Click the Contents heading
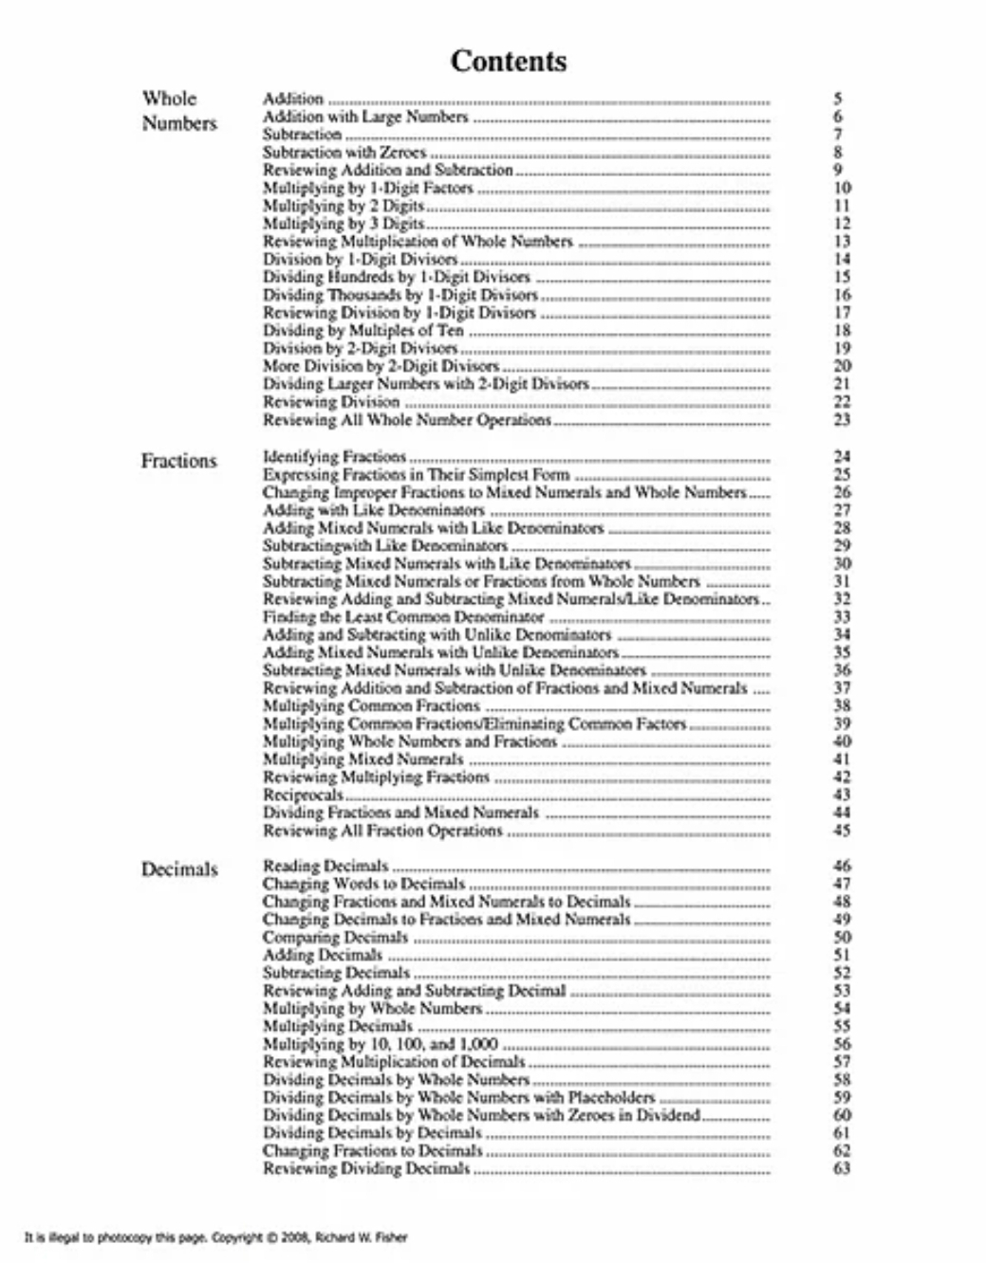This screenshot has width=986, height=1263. pos(509,61)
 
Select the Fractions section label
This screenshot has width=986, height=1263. pos(178,462)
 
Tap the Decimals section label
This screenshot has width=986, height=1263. pos(179,869)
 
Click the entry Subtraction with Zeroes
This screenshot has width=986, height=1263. pos(344,152)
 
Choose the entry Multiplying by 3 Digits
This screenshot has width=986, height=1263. pos(344,224)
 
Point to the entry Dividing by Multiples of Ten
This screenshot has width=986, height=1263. pos(363,330)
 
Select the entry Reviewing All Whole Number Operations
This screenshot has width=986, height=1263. pos(407,419)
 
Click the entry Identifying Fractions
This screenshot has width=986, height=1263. pos(334,456)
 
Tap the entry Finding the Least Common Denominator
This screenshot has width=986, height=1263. pos(403,616)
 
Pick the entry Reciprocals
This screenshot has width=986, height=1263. pos(303,795)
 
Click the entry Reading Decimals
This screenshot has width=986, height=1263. pos(326,866)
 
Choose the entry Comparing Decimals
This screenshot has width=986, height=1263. pos(335,937)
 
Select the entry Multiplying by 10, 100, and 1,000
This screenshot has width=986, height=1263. pos(381,1044)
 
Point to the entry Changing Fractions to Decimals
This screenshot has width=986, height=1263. pos(372,1150)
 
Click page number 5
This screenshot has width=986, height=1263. pos(838,99)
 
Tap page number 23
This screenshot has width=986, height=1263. pos(842,419)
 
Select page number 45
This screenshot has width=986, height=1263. pos(842,831)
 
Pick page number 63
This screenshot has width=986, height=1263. pos(842,1168)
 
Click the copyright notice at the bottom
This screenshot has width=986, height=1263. pos(216,1237)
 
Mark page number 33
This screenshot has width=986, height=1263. pos(842,616)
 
